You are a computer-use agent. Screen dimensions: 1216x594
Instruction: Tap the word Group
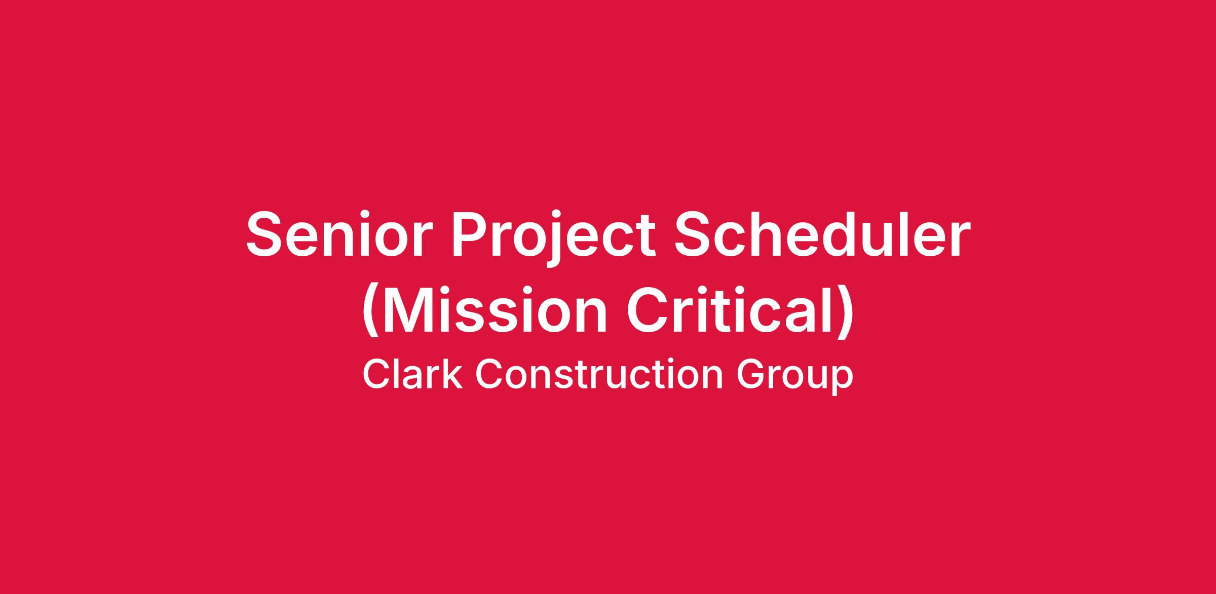(x=794, y=377)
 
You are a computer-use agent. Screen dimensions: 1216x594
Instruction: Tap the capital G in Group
(x=751, y=374)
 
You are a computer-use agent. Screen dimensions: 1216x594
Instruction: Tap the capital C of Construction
(x=489, y=374)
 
